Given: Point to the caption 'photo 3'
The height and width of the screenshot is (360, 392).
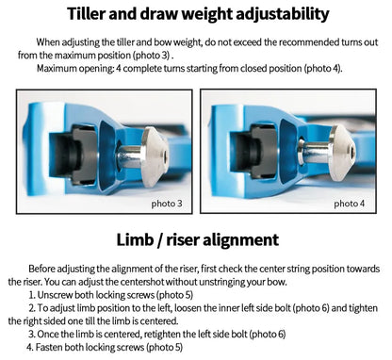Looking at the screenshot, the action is pos(167,204).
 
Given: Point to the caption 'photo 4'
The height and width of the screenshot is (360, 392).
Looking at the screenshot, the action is pos(349,204).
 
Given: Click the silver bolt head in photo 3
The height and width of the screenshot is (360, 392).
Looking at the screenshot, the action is pos(154,156).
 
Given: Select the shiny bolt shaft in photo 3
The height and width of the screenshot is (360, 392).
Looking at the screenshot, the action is pos(130,156).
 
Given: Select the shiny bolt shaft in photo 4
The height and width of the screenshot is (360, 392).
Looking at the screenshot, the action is pos(316,153).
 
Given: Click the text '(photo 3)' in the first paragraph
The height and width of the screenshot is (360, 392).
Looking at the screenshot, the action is pos(152,56).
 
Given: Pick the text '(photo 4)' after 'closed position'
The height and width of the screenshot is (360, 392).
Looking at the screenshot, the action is pos(322,68).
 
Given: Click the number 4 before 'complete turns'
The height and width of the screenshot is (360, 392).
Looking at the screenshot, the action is pos(119,68).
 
